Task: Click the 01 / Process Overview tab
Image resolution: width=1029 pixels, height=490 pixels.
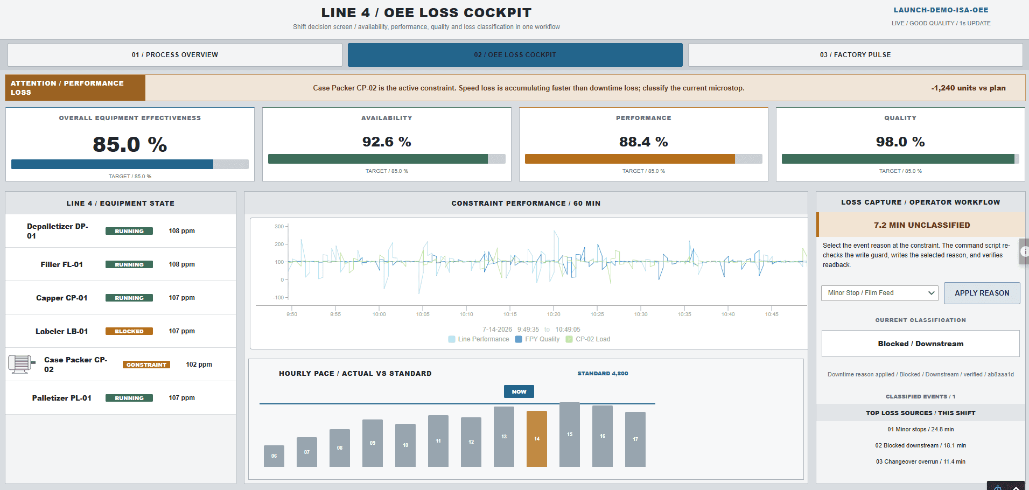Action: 175,55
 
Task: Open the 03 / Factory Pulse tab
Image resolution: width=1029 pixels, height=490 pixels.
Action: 855,55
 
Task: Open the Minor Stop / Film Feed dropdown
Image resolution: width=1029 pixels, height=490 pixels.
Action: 879,293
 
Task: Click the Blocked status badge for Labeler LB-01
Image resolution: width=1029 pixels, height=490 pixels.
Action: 129,331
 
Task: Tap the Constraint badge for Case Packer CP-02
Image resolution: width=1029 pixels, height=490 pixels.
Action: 146,365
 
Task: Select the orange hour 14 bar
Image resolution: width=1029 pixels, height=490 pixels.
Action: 537,438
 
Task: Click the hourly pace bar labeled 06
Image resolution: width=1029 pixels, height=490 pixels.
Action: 274,456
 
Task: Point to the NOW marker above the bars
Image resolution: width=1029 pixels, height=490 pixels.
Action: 519,391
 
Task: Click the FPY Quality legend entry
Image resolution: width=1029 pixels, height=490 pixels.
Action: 537,339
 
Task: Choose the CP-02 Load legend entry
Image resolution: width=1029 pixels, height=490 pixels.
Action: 588,339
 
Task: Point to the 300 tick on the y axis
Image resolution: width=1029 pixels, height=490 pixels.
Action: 279,227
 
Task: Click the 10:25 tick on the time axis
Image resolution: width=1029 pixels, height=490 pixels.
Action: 597,314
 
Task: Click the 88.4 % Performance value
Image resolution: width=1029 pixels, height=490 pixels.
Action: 643,142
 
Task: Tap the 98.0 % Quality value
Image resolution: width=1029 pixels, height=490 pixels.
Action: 900,142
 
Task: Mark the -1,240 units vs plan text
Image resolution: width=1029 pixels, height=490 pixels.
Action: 969,88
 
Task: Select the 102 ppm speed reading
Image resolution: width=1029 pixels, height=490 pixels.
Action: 199,365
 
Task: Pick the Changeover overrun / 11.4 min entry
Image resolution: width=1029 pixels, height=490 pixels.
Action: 921,461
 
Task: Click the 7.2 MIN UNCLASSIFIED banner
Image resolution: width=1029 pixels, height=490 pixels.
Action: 922,225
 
